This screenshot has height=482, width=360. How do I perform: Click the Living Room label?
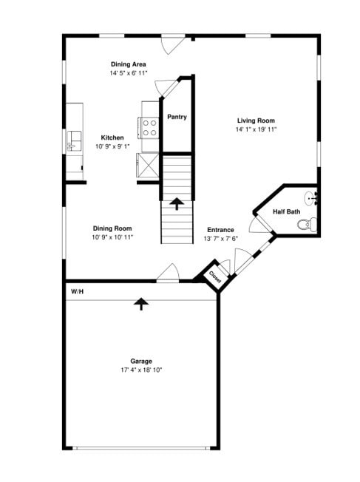click(x=256, y=120)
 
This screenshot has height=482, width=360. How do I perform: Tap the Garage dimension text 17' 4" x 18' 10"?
click(x=141, y=370)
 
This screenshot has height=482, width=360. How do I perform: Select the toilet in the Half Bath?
click(x=310, y=224)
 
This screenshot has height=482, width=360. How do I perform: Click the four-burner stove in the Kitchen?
click(x=149, y=129)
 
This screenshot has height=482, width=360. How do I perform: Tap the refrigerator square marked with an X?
click(x=149, y=163)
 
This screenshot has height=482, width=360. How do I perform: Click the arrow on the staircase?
click(x=177, y=201)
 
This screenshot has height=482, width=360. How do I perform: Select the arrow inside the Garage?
click(x=140, y=303)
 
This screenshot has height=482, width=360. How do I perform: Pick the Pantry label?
click(x=177, y=117)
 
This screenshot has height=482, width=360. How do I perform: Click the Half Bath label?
click(x=287, y=212)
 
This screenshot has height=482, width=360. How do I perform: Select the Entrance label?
click(x=220, y=229)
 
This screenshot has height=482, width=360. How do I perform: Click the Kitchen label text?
click(x=112, y=138)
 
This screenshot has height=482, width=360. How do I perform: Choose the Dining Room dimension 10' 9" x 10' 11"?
click(x=112, y=237)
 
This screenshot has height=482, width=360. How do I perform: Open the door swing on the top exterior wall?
click(x=173, y=43)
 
